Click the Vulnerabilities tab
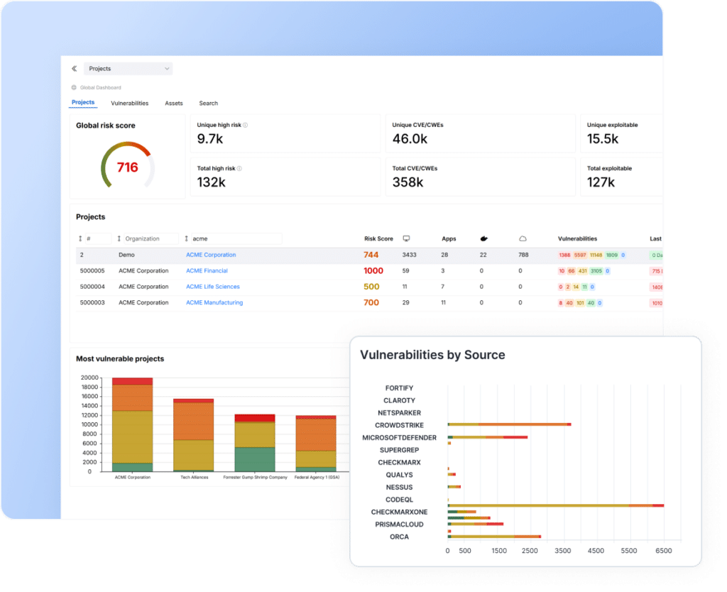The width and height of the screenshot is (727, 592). click(129, 103)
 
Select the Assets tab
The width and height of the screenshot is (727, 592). click(174, 103)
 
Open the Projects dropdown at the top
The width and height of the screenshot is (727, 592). click(128, 69)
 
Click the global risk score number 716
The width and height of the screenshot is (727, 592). click(127, 168)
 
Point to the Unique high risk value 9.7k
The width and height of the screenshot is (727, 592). click(210, 139)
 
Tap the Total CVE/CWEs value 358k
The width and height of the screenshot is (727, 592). click(408, 182)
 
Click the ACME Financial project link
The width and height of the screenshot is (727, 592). click(207, 270)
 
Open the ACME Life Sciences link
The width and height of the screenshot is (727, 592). click(212, 287)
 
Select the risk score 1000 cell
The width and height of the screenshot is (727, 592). click(373, 270)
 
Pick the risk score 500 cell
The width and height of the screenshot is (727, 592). click(371, 287)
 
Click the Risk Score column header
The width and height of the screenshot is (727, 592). click(378, 239)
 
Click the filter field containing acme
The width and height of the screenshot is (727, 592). click(234, 239)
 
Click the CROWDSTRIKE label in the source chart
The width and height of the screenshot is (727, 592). click(399, 425)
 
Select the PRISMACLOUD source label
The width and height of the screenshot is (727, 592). click(399, 525)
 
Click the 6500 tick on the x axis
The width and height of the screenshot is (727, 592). click(663, 551)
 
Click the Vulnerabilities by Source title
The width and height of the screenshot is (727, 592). click(432, 355)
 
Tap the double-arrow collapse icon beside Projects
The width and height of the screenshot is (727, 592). click(74, 69)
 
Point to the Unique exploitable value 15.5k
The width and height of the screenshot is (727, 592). click(603, 139)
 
